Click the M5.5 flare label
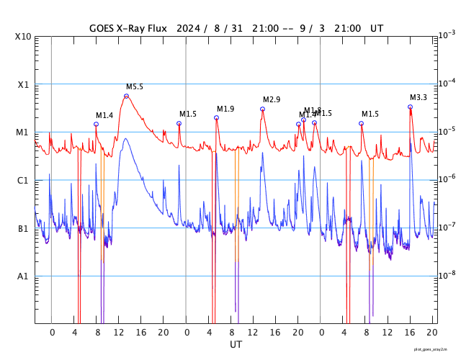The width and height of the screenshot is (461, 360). (135, 86)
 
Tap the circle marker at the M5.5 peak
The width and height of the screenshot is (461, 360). (126, 96)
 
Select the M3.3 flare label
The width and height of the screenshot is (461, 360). (419, 97)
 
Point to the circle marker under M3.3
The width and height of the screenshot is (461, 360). (410, 107)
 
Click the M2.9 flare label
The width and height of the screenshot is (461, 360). (272, 99)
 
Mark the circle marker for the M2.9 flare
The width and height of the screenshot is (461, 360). (262, 109)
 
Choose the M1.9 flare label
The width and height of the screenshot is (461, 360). (225, 109)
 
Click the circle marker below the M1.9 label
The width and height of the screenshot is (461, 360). (216, 117)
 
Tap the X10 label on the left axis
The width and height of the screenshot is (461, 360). (24, 36)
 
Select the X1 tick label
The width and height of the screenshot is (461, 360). (24, 84)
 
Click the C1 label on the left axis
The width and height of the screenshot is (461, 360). (24, 180)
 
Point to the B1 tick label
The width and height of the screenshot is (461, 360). (24, 228)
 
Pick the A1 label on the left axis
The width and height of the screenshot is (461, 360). (24, 276)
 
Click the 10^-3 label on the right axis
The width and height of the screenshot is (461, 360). (447, 35)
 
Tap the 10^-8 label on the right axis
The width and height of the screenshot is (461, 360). (447, 275)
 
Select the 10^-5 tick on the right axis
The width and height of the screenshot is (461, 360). (447, 131)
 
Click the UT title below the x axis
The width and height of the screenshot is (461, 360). (236, 345)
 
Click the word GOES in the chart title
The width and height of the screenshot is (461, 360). (104, 28)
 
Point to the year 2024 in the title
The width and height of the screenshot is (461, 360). (191, 28)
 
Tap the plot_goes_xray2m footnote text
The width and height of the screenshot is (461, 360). (436, 349)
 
